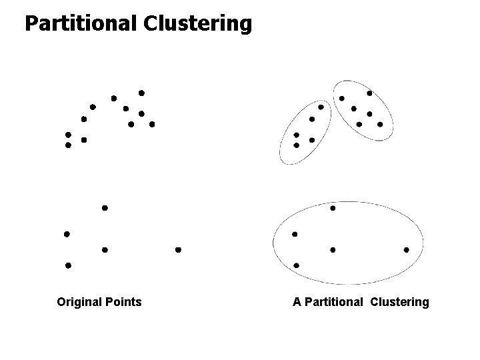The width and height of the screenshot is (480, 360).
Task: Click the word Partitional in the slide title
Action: pos(80,24)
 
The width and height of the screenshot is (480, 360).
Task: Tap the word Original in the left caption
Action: pos(79,302)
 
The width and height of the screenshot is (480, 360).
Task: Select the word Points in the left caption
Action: pos(123,302)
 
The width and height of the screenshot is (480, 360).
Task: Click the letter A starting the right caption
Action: pos(297,302)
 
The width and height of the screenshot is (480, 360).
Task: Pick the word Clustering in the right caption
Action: pos(399,302)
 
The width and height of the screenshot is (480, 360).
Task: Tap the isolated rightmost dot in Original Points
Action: pos(178,250)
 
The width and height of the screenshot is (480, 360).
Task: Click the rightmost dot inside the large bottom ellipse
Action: pos(406,250)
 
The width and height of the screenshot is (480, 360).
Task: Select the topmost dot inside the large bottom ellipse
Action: pos(333,208)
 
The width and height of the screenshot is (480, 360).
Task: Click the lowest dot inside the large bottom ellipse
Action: pos(296,265)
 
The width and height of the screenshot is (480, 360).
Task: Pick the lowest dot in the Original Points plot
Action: pos(67,265)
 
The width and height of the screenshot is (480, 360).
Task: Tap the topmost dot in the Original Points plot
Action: pos(141,93)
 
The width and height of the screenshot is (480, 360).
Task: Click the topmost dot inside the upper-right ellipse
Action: pos(369,93)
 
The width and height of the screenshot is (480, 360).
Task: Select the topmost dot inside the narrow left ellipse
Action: pos(321,107)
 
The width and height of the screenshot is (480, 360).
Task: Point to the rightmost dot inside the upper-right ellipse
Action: pos(380,124)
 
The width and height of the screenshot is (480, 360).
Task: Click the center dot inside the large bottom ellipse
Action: pos(333,250)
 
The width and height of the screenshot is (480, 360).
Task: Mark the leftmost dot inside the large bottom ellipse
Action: pos(295,234)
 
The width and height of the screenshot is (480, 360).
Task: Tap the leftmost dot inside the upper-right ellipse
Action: pos(342,99)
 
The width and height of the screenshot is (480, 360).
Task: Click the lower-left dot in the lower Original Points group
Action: pos(67,265)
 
